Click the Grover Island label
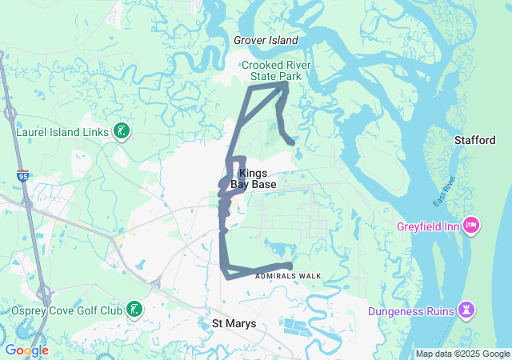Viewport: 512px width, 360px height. (266, 40)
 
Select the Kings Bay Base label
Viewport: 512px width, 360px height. (253, 178)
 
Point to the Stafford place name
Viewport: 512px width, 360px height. (475, 140)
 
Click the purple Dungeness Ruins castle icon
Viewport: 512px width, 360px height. (466, 311)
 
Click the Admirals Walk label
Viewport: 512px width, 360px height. (288, 276)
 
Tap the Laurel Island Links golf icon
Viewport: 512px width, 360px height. (121, 130)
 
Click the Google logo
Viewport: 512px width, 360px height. (26, 350)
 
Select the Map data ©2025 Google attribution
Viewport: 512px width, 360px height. (462, 354)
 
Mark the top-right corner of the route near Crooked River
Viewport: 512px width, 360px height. (286, 84)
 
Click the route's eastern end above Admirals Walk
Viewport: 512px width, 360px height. (290, 266)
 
